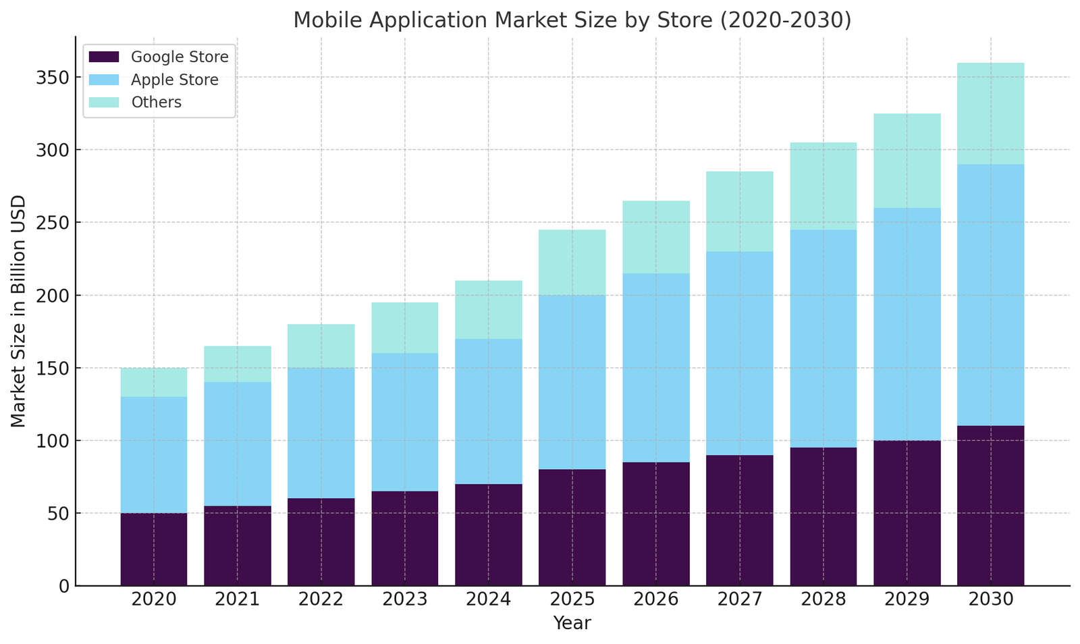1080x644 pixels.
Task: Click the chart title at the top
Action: pos(572,20)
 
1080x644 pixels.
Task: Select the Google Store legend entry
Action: pos(180,57)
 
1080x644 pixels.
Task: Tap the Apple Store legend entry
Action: pos(174,80)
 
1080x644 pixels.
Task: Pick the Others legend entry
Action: pos(156,103)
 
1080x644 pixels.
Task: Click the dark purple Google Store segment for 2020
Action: pos(154,549)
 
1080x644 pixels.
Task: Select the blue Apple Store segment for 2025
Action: pos(572,382)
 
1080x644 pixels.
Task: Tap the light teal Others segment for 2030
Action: pos(990,113)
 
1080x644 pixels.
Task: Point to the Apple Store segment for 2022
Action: pos(321,433)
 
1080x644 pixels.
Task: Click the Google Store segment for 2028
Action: pos(823,516)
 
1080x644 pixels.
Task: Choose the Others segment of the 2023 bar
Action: pos(405,327)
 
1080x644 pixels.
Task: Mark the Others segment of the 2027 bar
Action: pos(740,211)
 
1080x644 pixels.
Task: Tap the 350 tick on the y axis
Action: pos(53,78)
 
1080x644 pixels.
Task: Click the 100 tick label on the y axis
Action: pos(53,441)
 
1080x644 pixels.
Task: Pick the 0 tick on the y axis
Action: pos(63,586)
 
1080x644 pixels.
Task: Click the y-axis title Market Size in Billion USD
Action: pos(19,311)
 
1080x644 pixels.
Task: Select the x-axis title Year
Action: pos(572,623)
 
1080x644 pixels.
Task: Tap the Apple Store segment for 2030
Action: pos(990,295)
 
